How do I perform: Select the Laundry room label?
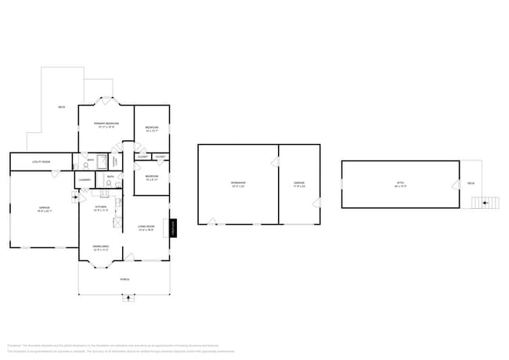point(85,180)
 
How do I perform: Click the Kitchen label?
point(101,208)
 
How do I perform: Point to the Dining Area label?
point(101,247)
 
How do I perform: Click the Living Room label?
point(146,229)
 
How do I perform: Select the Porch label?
point(125,279)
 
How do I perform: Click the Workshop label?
point(237,185)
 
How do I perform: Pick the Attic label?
point(400,185)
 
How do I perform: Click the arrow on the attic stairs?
point(485,203)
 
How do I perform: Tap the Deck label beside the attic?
point(471,184)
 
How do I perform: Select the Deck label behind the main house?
point(61,106)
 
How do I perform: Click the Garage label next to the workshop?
point(299,184)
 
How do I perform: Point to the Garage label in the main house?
point(44,209)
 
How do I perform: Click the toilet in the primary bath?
point(85,165)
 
